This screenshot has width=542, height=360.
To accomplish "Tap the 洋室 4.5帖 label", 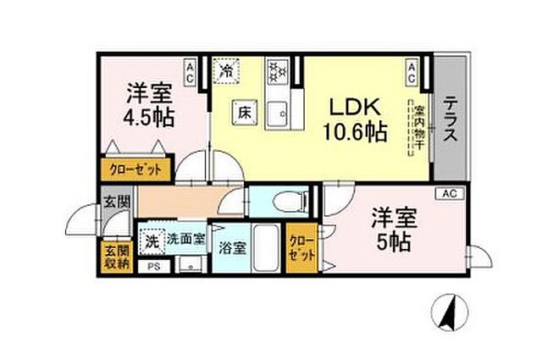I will click(150, 103).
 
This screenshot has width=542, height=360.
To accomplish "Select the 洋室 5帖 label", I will click(394, 230).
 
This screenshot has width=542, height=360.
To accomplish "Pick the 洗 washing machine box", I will click(152, 240).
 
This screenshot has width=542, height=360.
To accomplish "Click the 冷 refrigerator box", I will click(226, 70).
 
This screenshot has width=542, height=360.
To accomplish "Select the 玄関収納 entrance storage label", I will click(116, 257).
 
